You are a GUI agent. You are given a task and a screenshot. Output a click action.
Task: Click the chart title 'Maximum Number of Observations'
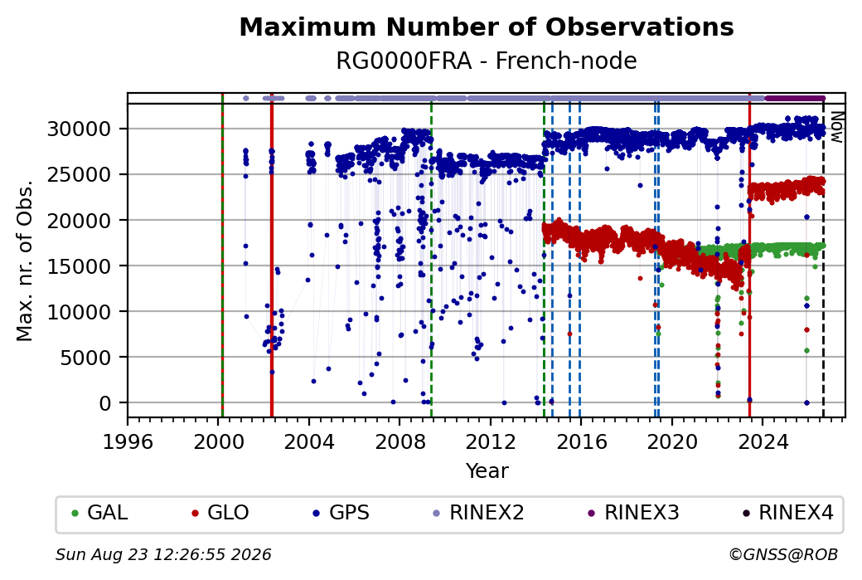(x=487, y=27)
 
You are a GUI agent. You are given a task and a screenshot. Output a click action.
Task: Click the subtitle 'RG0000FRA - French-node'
(x=487, y=61)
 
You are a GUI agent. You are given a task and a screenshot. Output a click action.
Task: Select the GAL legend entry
(x=100, y=513)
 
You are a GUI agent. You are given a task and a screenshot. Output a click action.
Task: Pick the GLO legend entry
(x=220, y=513)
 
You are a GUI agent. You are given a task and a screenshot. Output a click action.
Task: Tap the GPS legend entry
(x=341, y=513)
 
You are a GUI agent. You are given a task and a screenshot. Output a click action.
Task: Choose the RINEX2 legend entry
(x=479, y=513)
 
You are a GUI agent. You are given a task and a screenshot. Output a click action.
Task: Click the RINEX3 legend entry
(x=634, y=513)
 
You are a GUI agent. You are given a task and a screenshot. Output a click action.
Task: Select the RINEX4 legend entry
(x=788, y=513)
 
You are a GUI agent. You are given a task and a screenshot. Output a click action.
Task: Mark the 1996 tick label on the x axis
(x=128, y=441)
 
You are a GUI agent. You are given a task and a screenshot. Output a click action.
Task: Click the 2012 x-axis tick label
(x=491, y=441)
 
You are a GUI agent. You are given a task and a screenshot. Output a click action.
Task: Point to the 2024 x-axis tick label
(x=763, y=441)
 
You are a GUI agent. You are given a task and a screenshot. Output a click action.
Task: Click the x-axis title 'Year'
(x=487, y=471)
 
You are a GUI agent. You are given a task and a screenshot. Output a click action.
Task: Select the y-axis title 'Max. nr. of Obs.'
(x=25, y=260)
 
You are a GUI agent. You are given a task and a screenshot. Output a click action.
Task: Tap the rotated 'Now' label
(x=836, y=127)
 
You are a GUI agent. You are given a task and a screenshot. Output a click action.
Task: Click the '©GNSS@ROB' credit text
(x=783, y=554)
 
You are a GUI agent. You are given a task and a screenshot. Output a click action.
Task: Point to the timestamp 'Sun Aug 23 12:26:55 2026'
(x=163, y=554)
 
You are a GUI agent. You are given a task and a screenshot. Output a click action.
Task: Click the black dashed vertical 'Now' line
(x=823, y=261)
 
